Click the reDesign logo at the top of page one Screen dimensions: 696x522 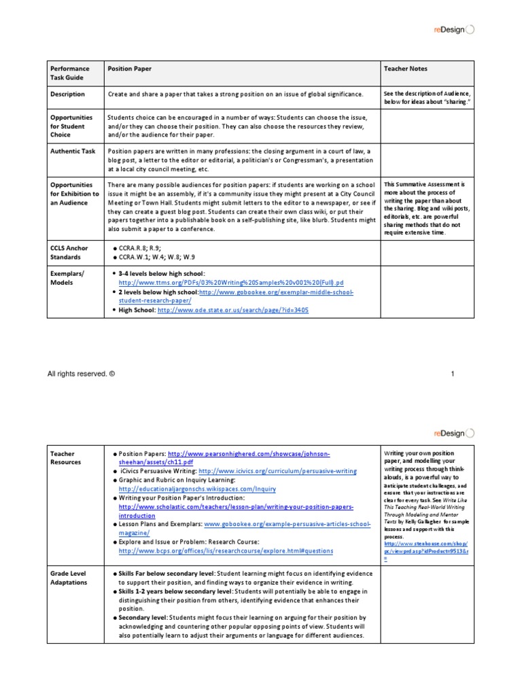tap(455, 29)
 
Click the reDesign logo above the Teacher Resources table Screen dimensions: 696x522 tap(455, 432)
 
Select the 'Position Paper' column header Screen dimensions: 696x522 tap(129, 69)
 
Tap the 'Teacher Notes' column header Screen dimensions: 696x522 tap(406, 69)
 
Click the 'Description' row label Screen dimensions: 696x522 tap(67, 94)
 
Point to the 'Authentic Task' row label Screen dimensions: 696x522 tap(73, 151)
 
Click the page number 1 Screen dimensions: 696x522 tap(451, 374)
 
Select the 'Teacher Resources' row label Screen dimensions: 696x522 tap(67, 457)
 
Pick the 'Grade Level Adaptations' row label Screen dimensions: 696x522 tap(69, 578)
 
